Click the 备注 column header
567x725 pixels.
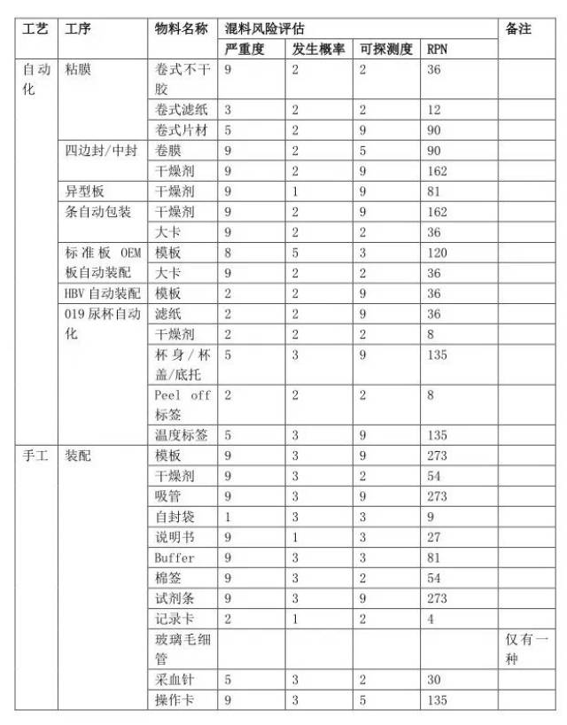point(518,29)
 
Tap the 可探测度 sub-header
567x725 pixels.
point(387,50)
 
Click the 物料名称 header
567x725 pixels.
point(182,29)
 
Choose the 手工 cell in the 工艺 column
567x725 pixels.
point(35,456)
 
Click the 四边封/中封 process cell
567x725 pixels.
point(101,151)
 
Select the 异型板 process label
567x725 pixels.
point(84,191)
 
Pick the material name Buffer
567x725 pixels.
point(174,558)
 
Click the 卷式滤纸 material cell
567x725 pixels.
point(182,110)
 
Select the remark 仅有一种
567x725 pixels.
point(528,649)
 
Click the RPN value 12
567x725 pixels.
point(433,110)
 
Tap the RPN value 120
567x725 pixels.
point(437,253)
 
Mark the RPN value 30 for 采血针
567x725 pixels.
point(433,681)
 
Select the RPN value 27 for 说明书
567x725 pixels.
point(433,538)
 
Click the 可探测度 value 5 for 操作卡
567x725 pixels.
point(363,701)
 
